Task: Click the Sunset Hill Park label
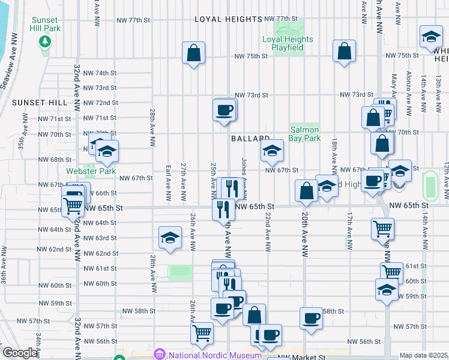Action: (x=44, y=24)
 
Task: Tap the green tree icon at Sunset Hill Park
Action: (x=44, y=41)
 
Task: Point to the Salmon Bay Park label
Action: (x=305, y=133)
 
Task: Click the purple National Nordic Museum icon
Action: (x=160, y=354)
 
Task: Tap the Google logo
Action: (x=20, y=353)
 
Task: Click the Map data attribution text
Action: (x=423, y=355)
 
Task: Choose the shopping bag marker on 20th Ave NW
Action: (x=306, y=191)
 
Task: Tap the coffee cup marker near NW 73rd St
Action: (x=224, y=110)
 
